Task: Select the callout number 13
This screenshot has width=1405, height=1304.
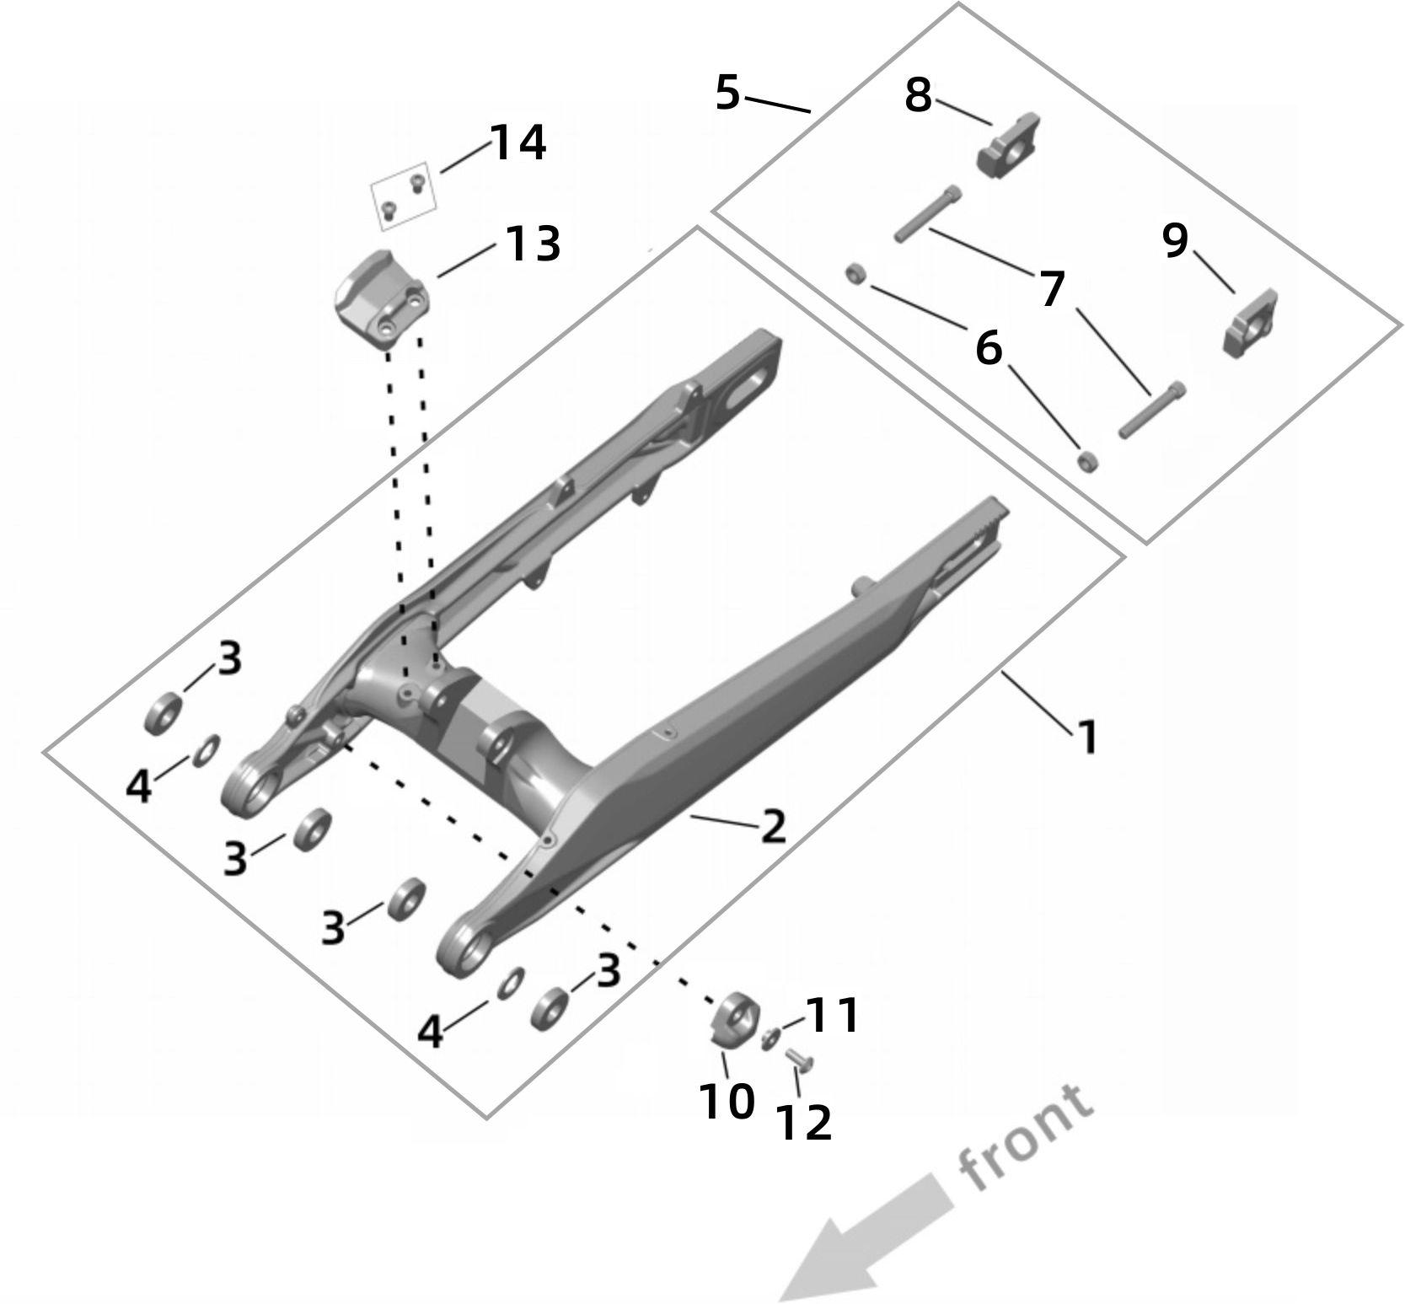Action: (532, 244)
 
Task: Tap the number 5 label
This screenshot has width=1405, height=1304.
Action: (727, 93)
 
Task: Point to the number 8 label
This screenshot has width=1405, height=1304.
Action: (918, 96)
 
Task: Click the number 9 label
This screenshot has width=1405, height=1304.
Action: (1175, 241)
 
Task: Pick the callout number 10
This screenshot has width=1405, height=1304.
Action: (726, 1102)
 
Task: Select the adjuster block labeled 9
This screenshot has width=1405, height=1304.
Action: (1251, 325)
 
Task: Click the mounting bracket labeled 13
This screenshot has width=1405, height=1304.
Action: (382, 309)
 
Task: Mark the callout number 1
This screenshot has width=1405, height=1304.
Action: (1087, 738)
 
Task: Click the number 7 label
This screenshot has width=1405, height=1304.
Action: (1051, 290)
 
